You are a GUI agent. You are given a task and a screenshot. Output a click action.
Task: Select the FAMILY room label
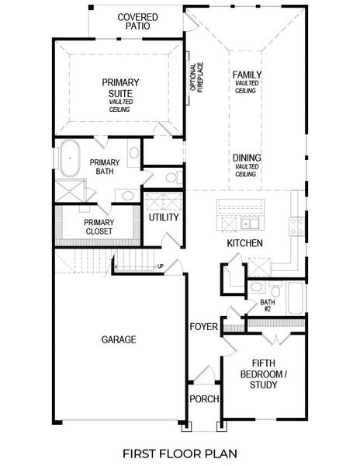tap(247, 75)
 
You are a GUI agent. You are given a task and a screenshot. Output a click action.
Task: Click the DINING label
tap(246, 158)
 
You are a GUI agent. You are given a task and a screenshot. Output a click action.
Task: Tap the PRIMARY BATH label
tap(105, 167)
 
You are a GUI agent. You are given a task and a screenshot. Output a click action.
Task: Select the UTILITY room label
tap(164, 217)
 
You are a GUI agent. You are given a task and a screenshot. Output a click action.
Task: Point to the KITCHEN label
tap(244, 244)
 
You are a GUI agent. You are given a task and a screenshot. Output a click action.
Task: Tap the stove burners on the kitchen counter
tap(296, 226)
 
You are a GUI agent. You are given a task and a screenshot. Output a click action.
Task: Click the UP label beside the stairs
tap(161, 266)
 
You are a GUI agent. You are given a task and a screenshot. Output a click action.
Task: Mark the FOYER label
tap(203, 326)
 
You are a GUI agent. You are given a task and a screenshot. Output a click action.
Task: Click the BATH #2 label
tap(268, 305)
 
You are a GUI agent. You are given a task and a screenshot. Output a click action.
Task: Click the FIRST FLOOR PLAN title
tap(180, 452)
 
